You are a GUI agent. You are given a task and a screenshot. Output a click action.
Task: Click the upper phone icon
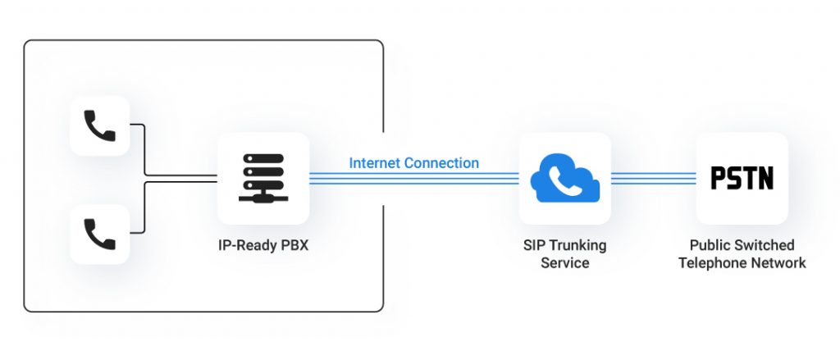(99, 125)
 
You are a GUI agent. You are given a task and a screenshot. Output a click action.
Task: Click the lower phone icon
(99, 234)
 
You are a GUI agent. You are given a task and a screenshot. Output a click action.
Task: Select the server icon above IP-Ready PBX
(262, 178)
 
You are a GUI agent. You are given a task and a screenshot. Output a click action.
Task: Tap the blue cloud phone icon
(565, 178)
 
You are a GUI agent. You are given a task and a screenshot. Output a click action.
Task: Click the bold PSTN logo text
(742, 178)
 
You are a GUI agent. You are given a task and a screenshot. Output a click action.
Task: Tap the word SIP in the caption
(534, 245)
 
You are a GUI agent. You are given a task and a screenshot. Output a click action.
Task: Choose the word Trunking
(577, 245)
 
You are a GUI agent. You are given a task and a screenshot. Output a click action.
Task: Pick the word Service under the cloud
(565, 263)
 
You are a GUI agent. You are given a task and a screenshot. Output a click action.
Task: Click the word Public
(710, 245)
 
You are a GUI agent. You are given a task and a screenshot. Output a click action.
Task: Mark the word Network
(778, 263)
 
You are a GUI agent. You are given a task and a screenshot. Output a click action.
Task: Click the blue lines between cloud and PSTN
(653, 178)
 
